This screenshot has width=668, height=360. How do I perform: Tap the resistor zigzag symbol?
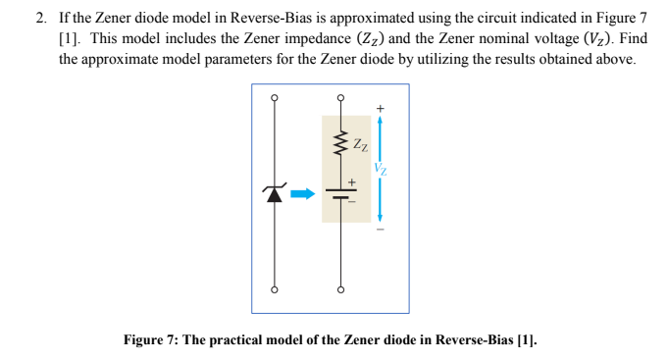pyautogui.click(x=340, y=149)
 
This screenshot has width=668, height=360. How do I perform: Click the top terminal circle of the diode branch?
pyautogui.click(x=276, y=98)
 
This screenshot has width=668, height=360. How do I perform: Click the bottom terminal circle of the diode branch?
pyautogui.click(x=276, y=290)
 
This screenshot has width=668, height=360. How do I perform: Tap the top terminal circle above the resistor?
pyautogui.click(x=340, y=98)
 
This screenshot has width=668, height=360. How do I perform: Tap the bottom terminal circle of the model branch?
pyautogui.click(x=340, y=290)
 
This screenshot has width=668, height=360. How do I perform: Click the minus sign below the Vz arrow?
pyautogui.click(x=380, y=231)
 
